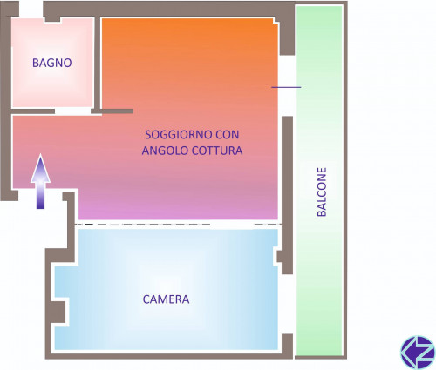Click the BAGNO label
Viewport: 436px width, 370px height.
point(52,63)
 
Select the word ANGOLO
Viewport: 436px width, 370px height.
point(165,151)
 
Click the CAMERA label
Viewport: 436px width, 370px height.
point(166,299)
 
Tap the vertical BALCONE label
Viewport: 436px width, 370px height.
point(322,192)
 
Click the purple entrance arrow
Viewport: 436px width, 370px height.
point(40,181)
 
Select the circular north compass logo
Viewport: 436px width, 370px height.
point(418,353)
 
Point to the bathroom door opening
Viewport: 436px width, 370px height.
point(73,111)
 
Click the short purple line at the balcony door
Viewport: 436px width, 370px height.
point(286,87)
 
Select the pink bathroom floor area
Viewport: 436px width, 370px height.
point(52,63)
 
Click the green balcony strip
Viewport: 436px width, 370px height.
point(319,180)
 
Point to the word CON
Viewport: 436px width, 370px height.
point(228,135)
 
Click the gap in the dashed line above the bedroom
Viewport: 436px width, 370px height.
point(232,225)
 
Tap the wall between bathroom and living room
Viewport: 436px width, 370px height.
point(97,63)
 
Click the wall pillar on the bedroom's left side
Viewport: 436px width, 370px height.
point(58,313)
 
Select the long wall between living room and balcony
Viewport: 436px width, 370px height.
point(288,194)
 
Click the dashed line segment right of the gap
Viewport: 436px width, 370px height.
point(268,225)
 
